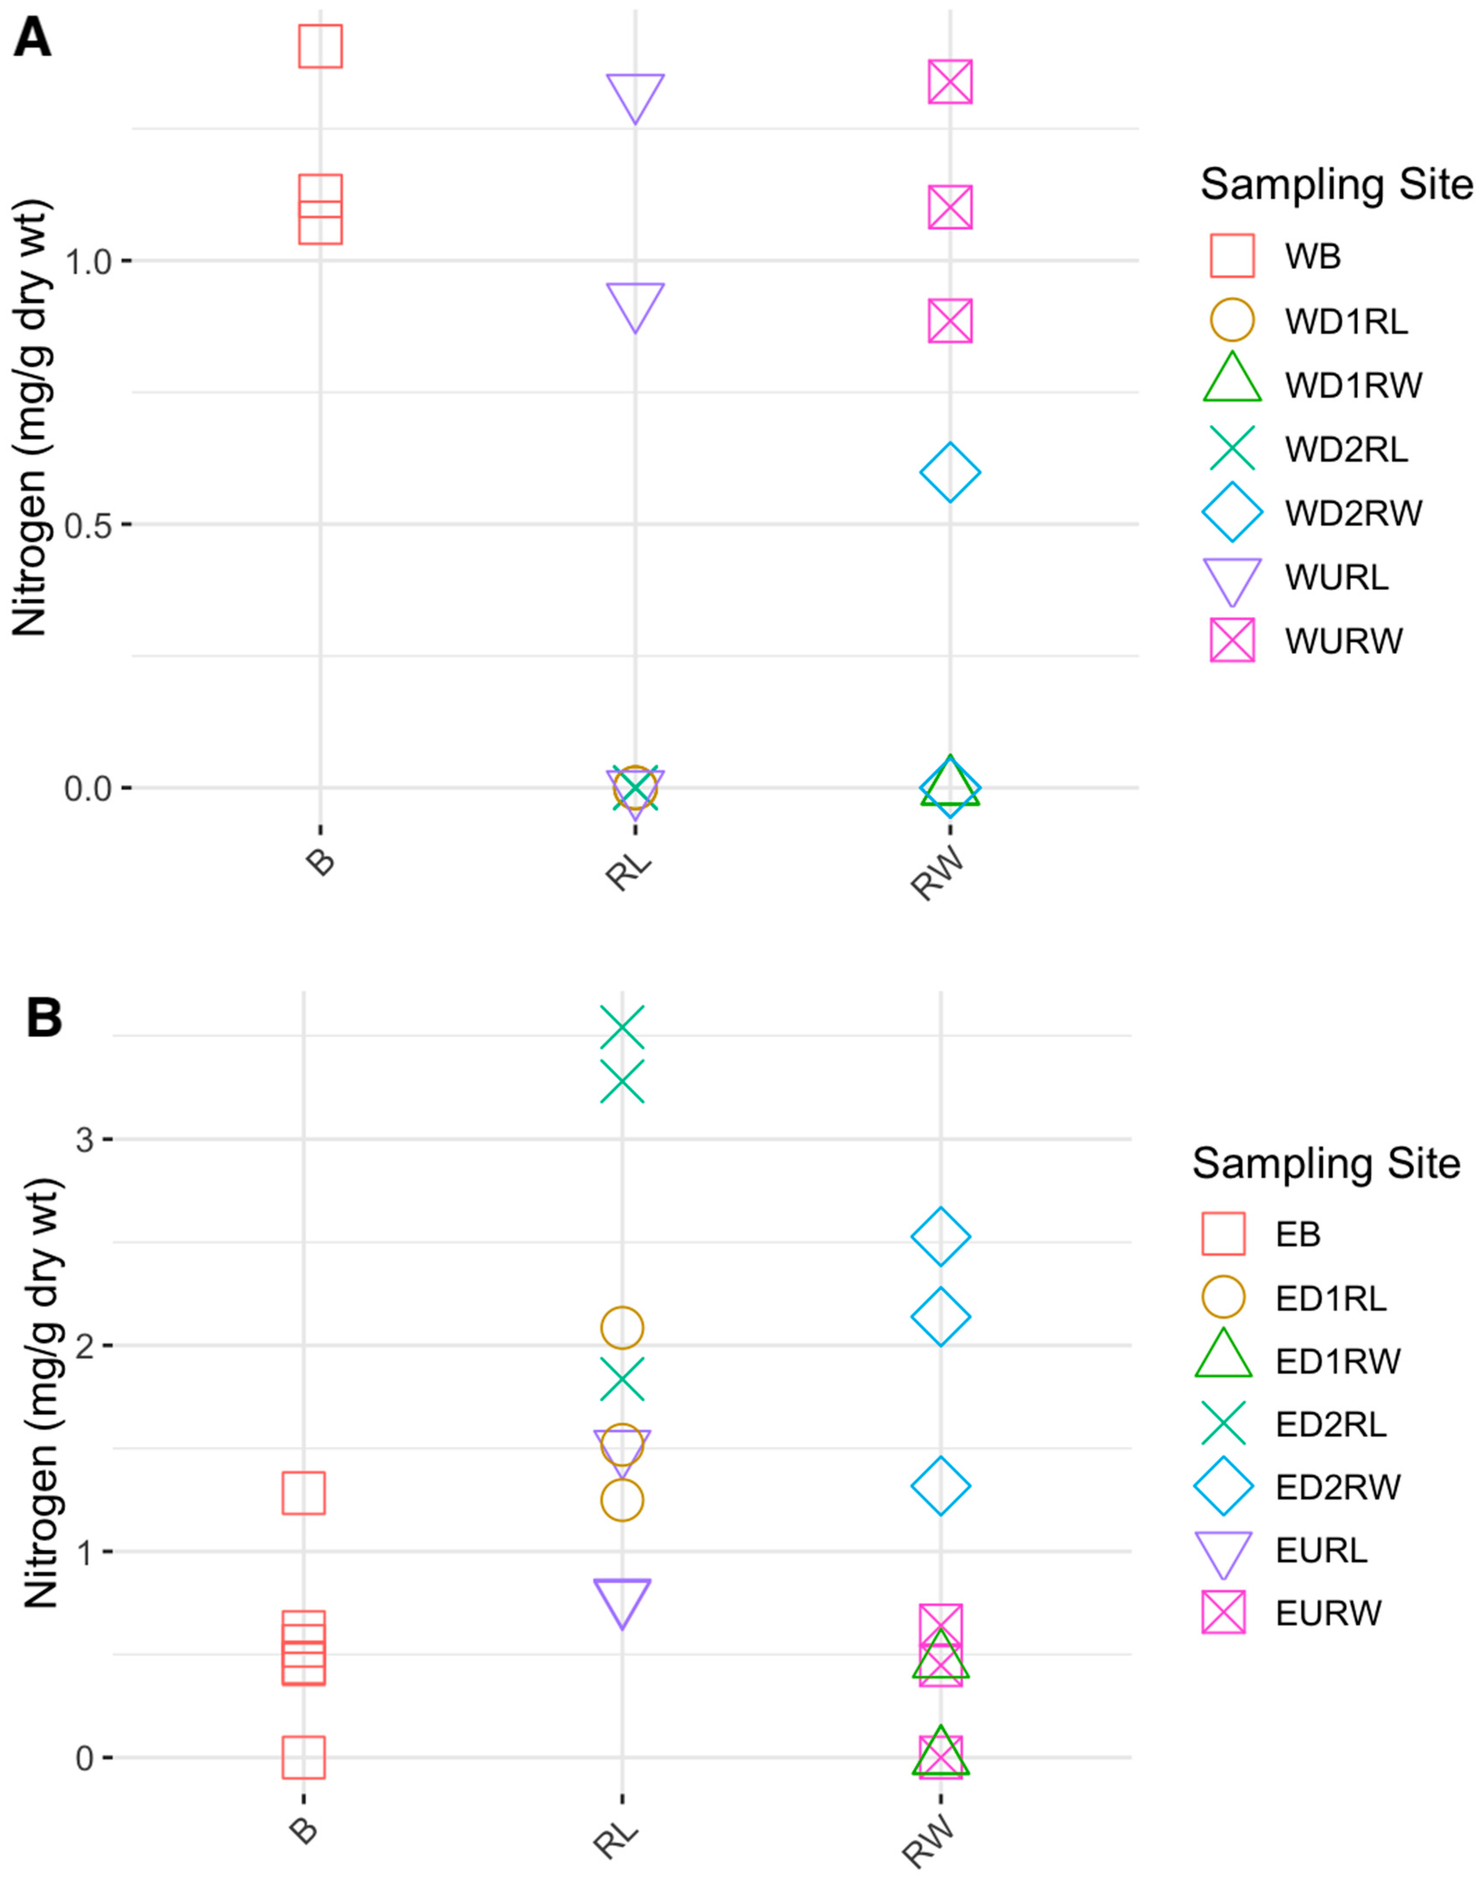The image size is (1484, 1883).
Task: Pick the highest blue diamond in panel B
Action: coord(940,1236)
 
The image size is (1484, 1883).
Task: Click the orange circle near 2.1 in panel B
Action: coord(622,1328)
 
